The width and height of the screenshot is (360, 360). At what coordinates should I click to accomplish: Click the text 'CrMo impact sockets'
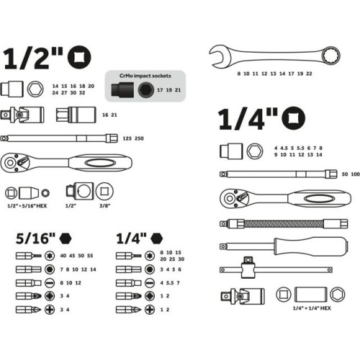tap(145, 76)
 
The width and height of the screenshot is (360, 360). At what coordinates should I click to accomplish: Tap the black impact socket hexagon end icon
tap(146, 90)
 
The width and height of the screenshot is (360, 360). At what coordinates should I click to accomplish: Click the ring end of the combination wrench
tap(330, 55)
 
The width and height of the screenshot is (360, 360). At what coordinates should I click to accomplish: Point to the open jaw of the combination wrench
tap(217, 56)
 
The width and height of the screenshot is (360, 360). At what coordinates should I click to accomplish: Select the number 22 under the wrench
tap(309, 73)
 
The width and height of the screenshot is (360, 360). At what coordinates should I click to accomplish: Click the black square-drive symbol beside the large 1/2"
tap(79, 58)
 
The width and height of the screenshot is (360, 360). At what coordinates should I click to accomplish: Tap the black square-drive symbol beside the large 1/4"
tap(293, 118)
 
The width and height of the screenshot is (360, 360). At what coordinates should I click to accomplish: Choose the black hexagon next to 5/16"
tap(66, 238)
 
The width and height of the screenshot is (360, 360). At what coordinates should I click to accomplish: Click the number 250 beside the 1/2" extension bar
tap(139, 138)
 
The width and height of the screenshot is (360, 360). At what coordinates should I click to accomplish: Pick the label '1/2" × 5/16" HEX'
tap(27, 206)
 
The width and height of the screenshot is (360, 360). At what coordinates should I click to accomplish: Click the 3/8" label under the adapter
tap(104, 206)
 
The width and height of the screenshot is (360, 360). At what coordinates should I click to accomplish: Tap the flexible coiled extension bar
tap(284, 224)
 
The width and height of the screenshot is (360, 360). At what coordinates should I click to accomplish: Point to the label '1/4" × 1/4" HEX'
tap(312, 308)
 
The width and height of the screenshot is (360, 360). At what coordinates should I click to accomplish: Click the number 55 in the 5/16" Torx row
tap(90, 256)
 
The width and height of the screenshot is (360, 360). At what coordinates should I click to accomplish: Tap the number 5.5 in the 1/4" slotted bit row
tap(170, 283)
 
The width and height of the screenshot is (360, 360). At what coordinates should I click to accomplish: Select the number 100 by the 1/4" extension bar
tap(355, 174)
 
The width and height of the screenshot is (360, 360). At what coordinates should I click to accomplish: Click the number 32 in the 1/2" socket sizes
tap(82, 93)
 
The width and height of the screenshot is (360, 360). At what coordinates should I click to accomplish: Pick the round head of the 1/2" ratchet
tap(14, 163)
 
